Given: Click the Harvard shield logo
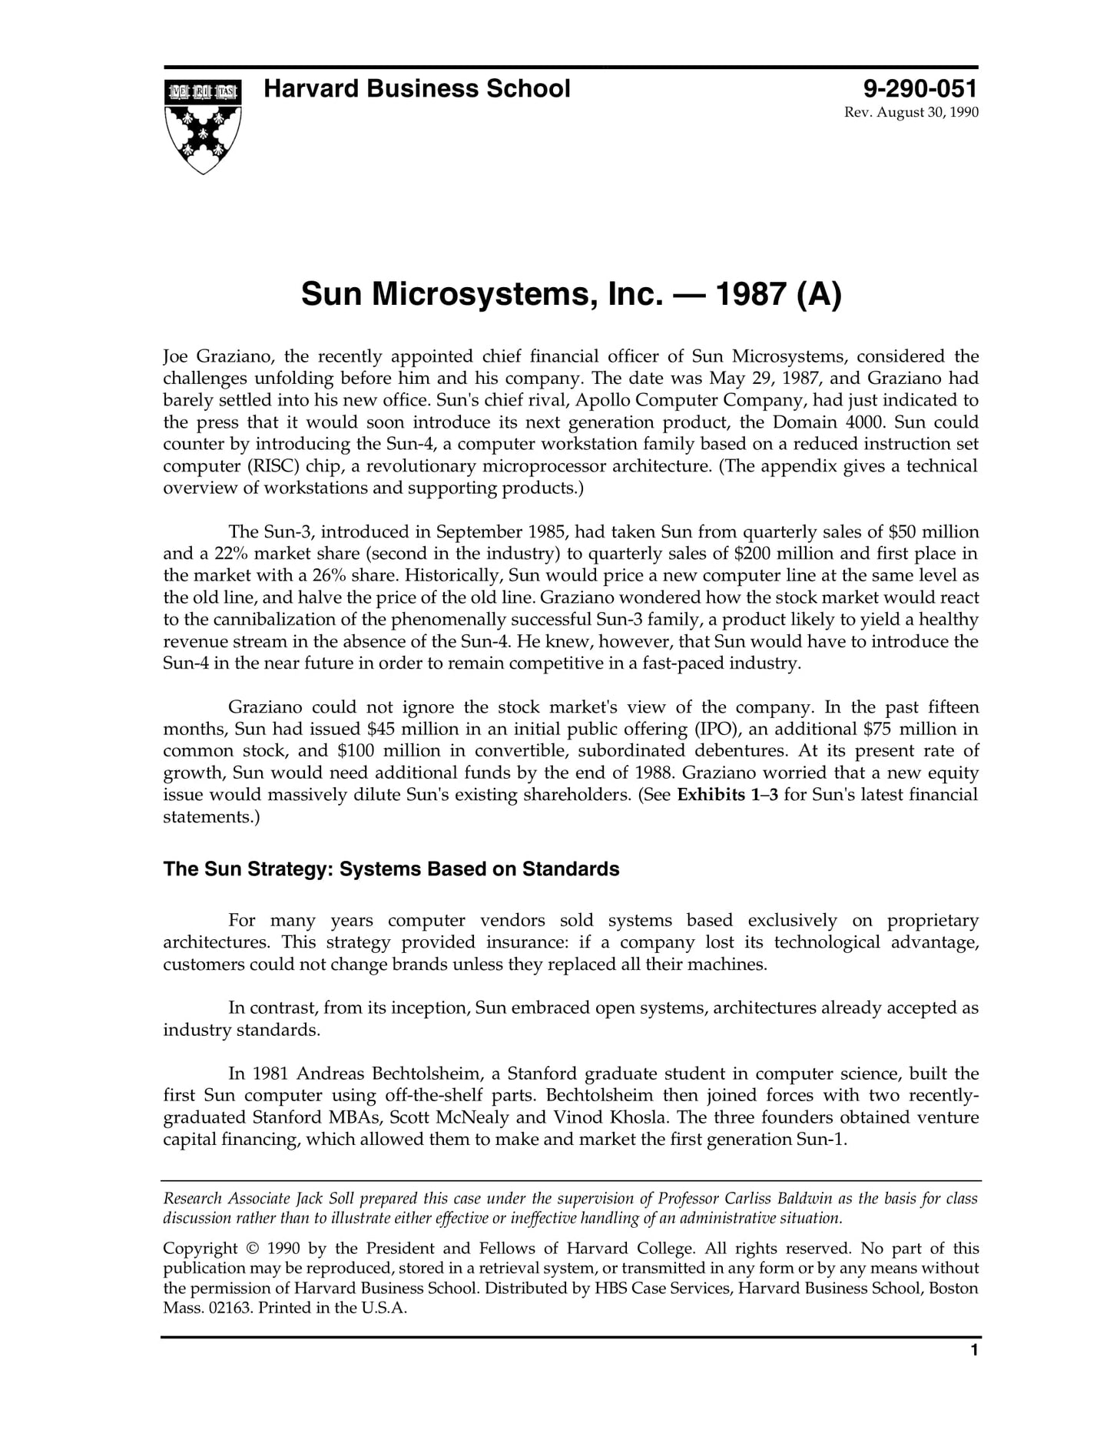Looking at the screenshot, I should click(x=203, y=126).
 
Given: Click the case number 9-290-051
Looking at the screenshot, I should click(x=920, y=89).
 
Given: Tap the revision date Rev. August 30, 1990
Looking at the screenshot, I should click(x=911, y=113).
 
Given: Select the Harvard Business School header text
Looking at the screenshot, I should click(x=417, y=89).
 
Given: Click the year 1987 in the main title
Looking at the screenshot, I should click(x=750, y=294).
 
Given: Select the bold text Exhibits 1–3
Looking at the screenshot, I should click(x=727, y=795).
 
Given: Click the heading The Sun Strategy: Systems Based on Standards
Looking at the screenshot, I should click(x=391, y=869).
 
